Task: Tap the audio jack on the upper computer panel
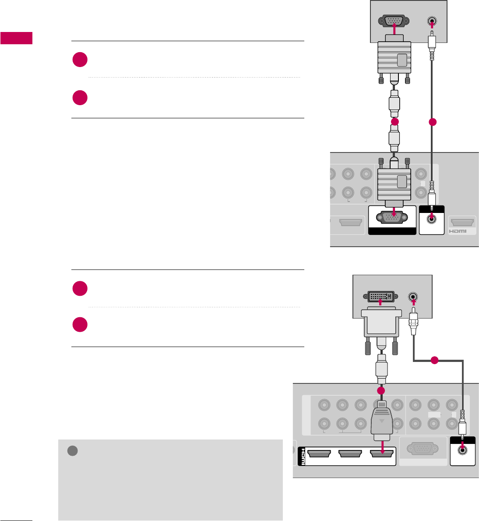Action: click(432, 21)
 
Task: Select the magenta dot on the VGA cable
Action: click(395, 122)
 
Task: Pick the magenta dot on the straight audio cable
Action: click(433, 122)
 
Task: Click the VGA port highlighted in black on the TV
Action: click(392, 218)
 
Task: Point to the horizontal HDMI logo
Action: click(457, 231)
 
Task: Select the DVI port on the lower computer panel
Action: click(380, 297)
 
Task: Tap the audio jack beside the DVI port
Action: click(413, 297)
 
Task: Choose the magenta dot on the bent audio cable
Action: click(434, 361)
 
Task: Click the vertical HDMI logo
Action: click(302, 457)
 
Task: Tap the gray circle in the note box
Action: click(73, 450)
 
